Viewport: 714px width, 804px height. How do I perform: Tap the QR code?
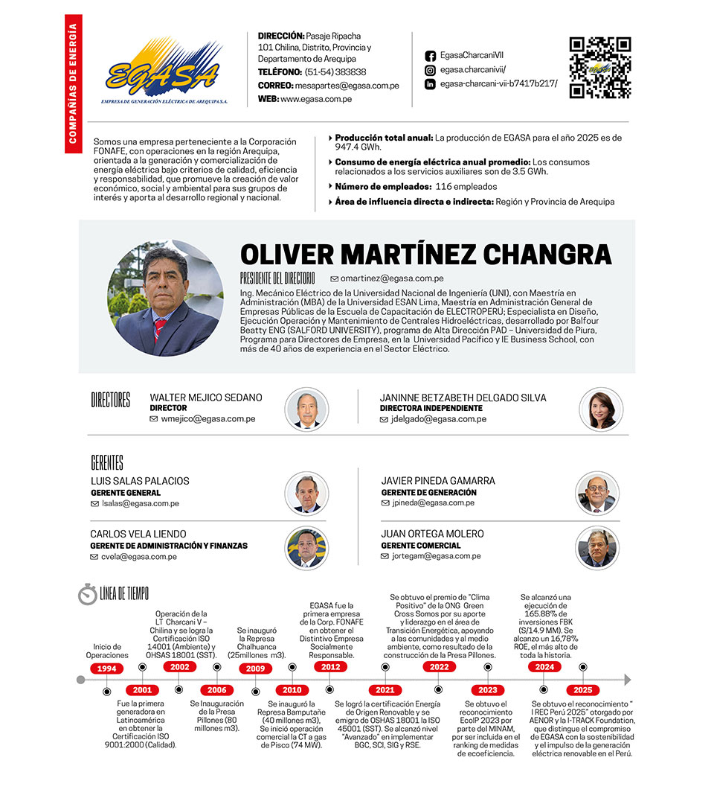tap(599, 68)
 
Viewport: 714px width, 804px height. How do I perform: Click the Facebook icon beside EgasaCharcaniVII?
tap(430, 56)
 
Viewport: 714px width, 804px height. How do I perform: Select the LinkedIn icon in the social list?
tap(430, 84)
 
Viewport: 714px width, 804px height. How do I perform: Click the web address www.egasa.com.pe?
tap(316, 99)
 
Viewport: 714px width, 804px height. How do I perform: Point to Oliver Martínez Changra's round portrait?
tap(165, 298)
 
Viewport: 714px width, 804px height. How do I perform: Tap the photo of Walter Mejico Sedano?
tap(306, 409)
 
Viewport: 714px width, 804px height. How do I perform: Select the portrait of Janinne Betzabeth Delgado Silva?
tap(601, 409)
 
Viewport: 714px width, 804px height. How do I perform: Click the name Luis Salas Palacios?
tap(140, 481)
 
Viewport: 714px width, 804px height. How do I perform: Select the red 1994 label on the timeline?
tap(107, 669)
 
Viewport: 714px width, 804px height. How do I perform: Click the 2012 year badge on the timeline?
tap(329, 667)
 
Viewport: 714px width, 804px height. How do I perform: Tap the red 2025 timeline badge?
tap(582, 690)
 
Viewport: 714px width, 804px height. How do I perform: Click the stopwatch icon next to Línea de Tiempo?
tap(88, 594)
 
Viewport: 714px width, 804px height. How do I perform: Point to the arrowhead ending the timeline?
tap(627, 680)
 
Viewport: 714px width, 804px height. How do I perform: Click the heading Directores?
tap(111, 401)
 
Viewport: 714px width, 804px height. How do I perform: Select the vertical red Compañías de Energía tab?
tap(73, 83)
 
